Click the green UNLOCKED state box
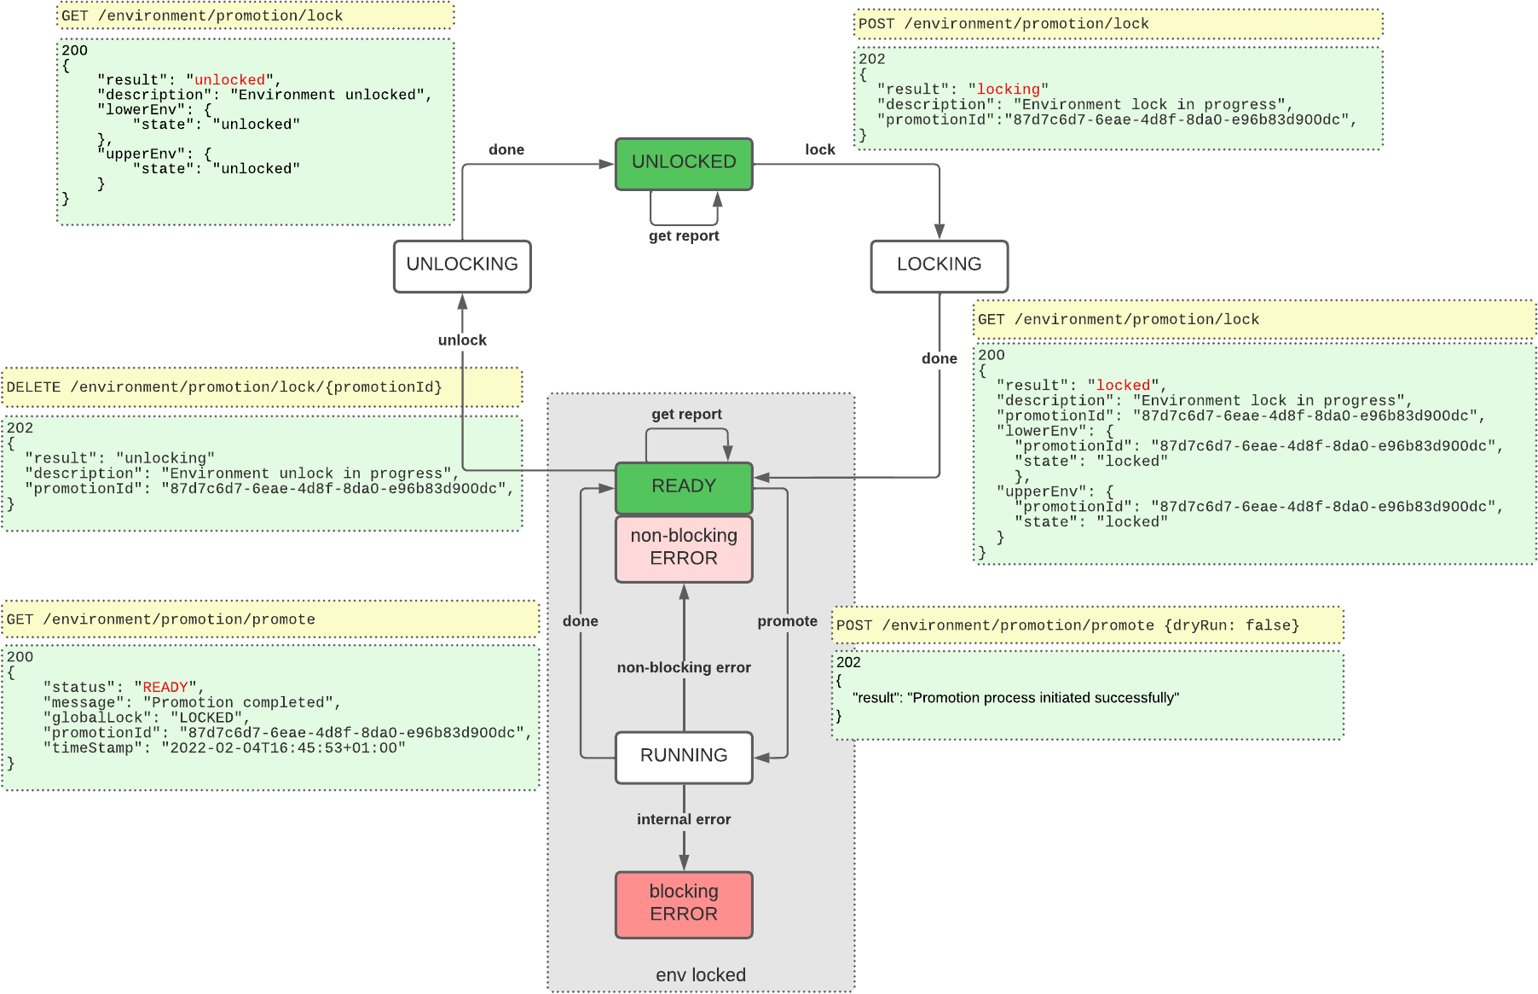click(x=684, y=163)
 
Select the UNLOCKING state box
click(x=462, y=265)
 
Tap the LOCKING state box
click(x=939, y=265)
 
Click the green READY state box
click(x=684, y=486)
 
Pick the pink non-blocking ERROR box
click(x=684, y=548)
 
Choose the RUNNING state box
click(x=684, y=756)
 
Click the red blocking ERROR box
click(x=684, y=904)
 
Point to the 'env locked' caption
click(x=700, y=975)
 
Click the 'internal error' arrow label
click(x=684, y=819)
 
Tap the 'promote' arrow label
click(x=787, y=621)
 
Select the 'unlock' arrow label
click(x=462, y=340)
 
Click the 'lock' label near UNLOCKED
click(x=819, y=149)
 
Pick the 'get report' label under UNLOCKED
click(x=684, y=236)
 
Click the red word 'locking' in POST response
click(x=1008, y=89)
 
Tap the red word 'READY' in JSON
click(x=165, y=687)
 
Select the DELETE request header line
click(x=224, y=387)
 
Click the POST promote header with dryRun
click(x=1067, y=625)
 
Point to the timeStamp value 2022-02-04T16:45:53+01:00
click(x=287, y=747)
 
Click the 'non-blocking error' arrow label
click(x=684, y=667)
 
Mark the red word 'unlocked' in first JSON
click(x=230, y=79)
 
